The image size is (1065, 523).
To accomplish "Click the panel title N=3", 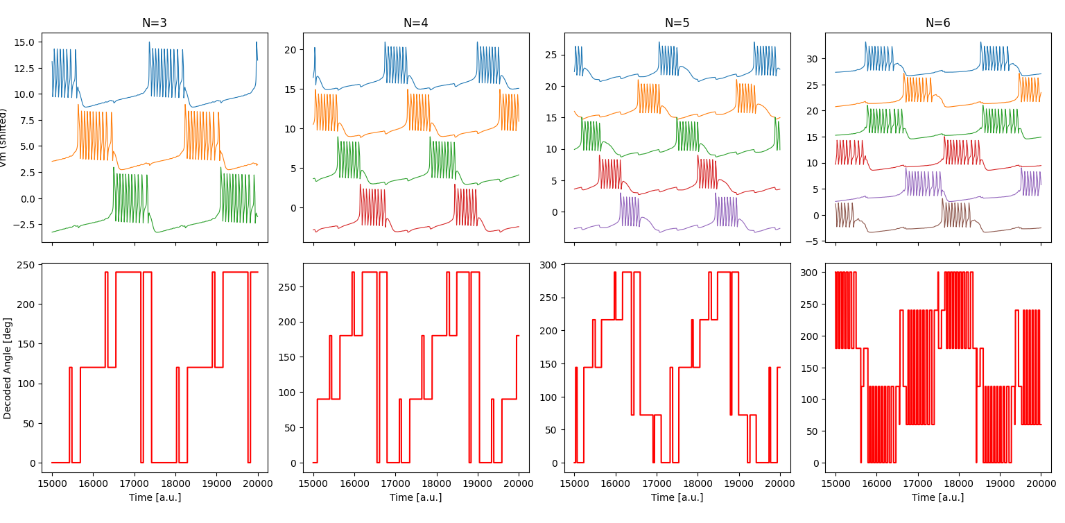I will tap(155, 23).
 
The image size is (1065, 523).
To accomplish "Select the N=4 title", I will tap(416, 23).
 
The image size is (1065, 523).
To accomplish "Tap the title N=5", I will tap(677, 23).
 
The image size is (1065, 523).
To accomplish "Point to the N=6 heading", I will tap(938, 23).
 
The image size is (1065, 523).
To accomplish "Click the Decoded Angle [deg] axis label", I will tap(8, 368).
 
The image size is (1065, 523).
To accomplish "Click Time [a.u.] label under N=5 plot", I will tap(677, 497).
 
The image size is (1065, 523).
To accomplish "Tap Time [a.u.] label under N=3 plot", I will tap(155, 497).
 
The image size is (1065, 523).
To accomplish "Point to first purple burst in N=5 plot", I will tap(630, 211).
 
